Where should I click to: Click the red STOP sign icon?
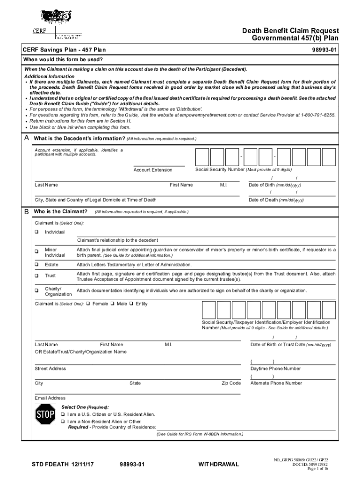45,414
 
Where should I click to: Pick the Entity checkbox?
132,304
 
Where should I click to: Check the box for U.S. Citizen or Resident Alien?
64,414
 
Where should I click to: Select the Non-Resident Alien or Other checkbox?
64,421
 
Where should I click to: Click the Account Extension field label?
152,170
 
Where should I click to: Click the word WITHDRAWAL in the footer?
218,464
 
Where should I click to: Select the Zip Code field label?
231,383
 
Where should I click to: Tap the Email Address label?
50,398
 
